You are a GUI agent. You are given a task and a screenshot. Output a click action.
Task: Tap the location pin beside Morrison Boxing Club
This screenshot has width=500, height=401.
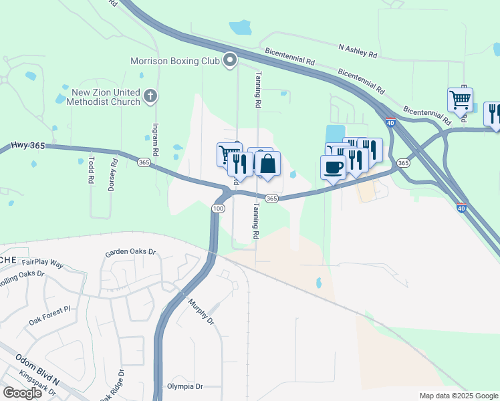coord(231,61)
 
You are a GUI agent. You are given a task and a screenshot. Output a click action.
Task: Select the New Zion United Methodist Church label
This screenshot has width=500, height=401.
coord(106,97)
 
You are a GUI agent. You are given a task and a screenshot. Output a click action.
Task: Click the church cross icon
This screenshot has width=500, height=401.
coord(150,96)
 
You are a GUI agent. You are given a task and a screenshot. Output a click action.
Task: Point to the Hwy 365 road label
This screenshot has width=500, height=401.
coord(27,146)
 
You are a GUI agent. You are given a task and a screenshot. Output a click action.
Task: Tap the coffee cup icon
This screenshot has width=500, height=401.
coord(333,167)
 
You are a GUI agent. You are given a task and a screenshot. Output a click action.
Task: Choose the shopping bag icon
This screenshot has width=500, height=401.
coord(267,164)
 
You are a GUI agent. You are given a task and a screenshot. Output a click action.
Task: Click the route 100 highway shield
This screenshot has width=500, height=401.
coord(218,209)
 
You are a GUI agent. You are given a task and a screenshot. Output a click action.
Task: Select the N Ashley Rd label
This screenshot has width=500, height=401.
coord(358,48)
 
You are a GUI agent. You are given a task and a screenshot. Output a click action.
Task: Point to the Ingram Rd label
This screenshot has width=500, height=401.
coord(154,139)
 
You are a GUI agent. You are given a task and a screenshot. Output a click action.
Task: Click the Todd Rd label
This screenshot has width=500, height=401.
coord(90,171)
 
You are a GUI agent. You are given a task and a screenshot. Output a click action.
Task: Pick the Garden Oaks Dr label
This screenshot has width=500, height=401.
coord(130,253)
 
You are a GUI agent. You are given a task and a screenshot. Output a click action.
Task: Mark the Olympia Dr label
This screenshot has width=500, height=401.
coord(184,386)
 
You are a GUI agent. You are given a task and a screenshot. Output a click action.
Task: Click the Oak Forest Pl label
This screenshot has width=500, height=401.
coord(49,316)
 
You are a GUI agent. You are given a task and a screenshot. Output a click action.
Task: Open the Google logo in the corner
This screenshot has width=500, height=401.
coord(22,392)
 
